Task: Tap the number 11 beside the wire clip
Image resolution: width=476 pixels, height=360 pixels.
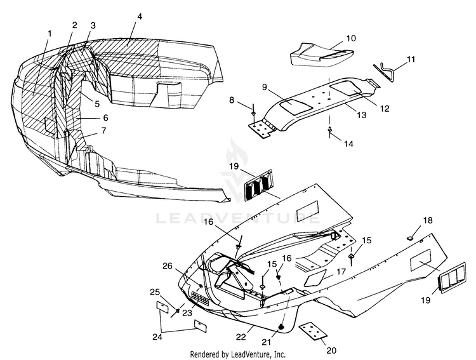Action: [x=411, y=59]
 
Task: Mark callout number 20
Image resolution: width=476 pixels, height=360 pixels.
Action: [x=331, y=350]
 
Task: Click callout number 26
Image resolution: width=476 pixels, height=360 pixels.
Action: [x=167, y=265]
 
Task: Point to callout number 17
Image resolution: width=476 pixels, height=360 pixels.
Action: [x=341, y=272]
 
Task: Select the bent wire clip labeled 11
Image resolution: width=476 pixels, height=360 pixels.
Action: [x=386, y=67]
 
